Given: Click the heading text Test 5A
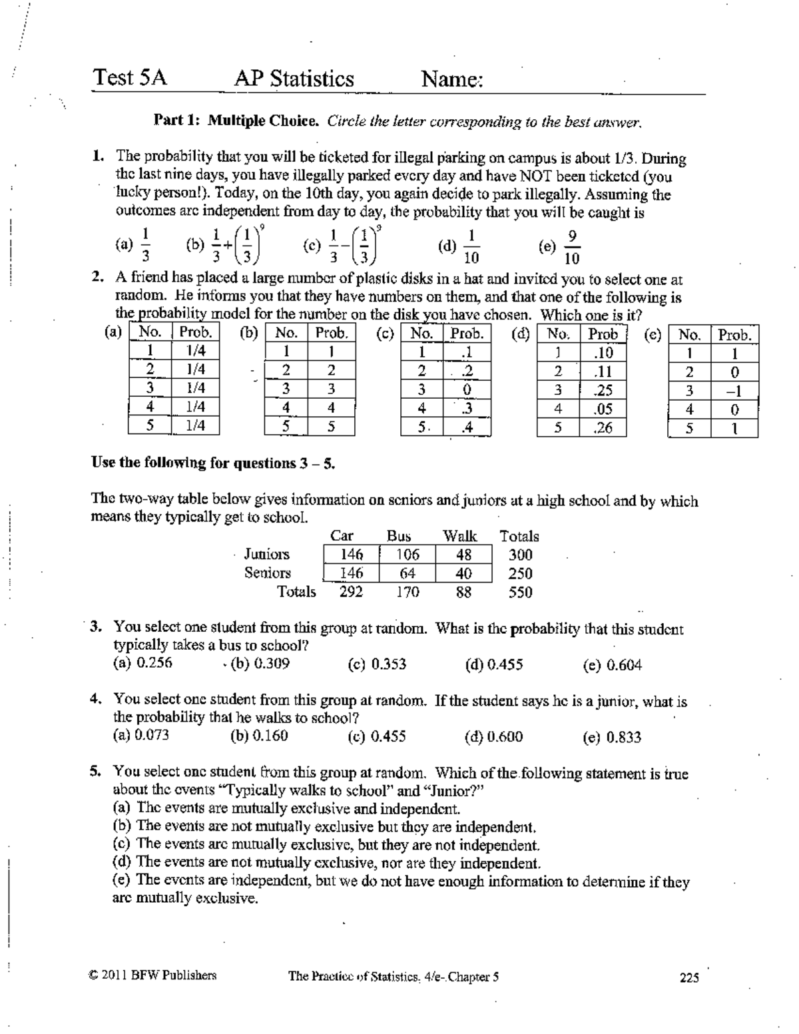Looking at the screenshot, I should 130,78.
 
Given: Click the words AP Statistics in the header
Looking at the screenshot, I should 294,79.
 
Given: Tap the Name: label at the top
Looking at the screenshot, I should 451,80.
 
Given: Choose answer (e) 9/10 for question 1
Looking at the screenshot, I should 560,246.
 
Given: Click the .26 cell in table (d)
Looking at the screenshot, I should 603,427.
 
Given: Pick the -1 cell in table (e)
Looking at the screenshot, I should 734,391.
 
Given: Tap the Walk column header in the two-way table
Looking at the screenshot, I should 460,536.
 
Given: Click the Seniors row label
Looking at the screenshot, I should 267,573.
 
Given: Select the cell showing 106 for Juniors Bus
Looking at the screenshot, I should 407,555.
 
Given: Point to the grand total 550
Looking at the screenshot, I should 520,592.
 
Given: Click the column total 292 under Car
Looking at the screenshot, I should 351,591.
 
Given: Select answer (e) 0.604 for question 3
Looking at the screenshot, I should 612,664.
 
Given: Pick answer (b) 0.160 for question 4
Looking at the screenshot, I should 259,736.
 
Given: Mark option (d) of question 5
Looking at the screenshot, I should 326,864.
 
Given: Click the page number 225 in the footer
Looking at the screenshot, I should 689,977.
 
